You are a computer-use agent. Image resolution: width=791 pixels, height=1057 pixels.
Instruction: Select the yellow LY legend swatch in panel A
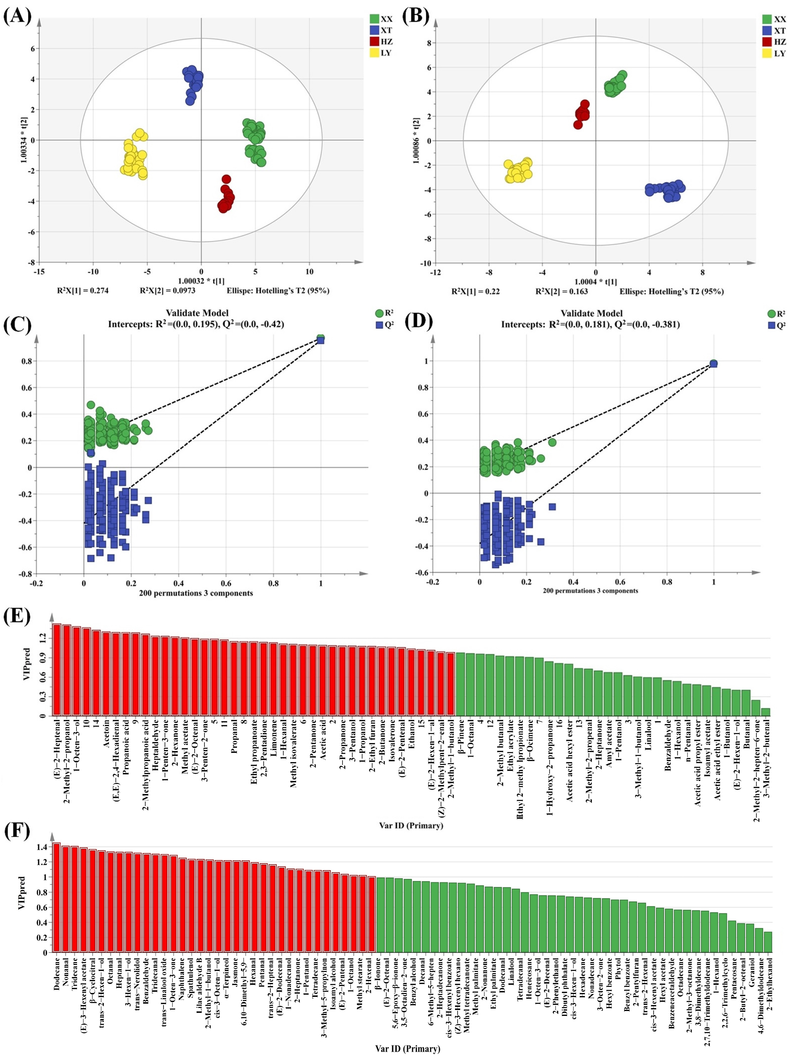374,52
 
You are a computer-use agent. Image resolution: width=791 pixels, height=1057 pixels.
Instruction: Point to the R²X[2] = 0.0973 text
167,290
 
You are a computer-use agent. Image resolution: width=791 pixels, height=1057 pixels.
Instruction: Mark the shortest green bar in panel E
765,712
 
